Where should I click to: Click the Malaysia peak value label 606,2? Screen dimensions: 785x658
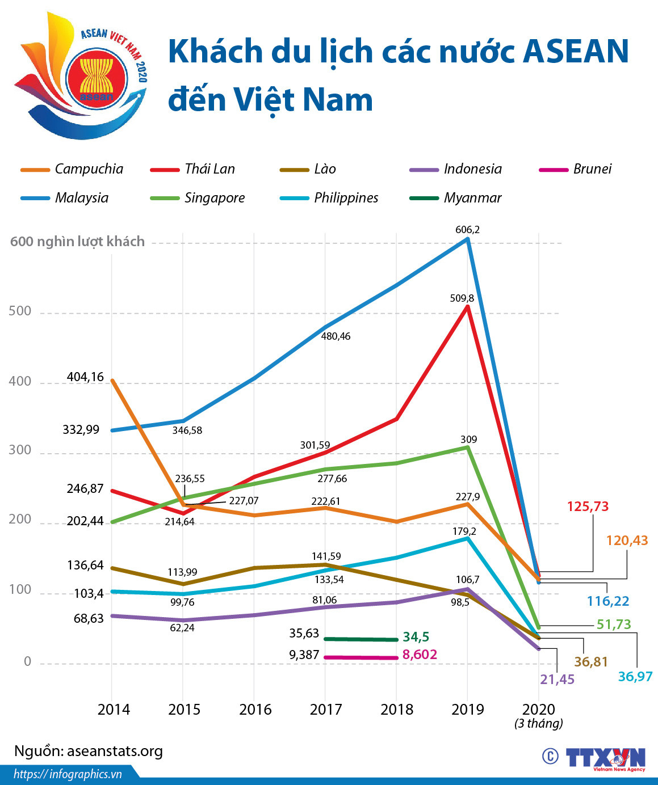[x=467, y=230]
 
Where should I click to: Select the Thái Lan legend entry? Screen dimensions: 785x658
[x=193, y=169]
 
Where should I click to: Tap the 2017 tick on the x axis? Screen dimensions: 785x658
[x=326, y=710]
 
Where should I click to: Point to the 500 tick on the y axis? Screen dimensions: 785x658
[x=20, y=311]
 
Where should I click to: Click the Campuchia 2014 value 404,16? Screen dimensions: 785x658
[x=85, y=377]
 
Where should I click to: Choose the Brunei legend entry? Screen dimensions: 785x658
[x=576, y=169]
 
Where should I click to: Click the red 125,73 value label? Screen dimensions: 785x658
[x=588, y=507]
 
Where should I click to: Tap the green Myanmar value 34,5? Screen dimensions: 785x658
[x=416, y=637]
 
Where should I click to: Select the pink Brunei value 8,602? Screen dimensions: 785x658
[x=420, y=655]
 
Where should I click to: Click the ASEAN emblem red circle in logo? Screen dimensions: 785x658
[x=96, y=80]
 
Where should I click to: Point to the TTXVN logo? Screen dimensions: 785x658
[x=605, y=758]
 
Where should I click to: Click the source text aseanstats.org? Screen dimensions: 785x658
[x=89, y=751]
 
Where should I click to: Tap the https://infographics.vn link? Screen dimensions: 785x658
[x=68, y=774]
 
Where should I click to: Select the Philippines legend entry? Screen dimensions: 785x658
[x=330, y=198]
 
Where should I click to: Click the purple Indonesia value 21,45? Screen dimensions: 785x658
[x=557, y=679]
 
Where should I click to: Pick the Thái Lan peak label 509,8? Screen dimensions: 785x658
[x=462, y=298]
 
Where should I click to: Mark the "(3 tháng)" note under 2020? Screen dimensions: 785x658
[x=539, y=723]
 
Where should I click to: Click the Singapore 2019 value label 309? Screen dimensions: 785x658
[x=468, y=440]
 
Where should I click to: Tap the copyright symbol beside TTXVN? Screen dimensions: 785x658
[x=550, y=757]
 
